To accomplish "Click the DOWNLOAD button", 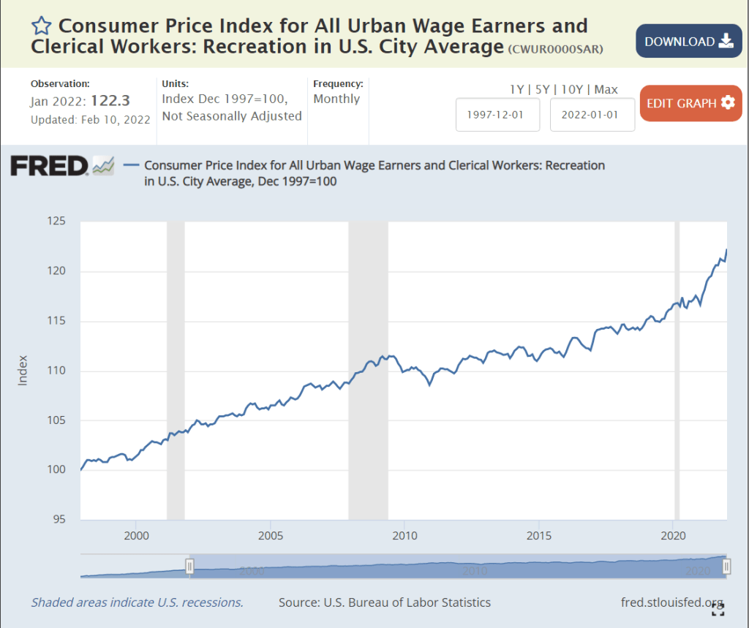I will (x=688, y=41).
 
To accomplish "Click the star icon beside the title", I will (x=41, y=26).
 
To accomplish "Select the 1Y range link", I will (x=517, y=89).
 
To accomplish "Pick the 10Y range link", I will (x=572, y=89).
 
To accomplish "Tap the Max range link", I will (x=606, y=89).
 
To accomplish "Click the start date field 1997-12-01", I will (x=497, y=115).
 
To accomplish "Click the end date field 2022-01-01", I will (x=592, y=115).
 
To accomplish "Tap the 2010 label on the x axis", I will (x=404, y=535).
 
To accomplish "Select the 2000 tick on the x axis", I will (x=136, y=535).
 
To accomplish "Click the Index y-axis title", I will (x=22, y=370).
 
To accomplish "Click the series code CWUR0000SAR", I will (x=562, y=49).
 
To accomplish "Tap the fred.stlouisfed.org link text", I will (x=671, y=602).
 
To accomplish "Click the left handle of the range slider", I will (x=189, y=566).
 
